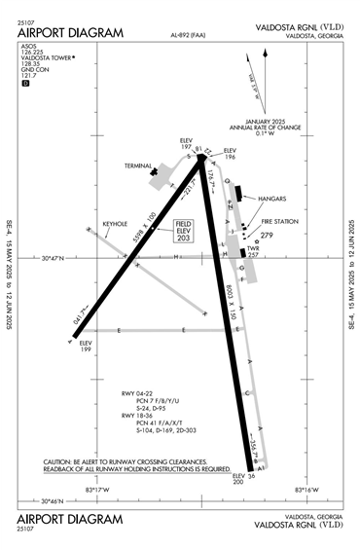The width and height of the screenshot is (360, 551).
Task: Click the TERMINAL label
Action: click(139, 165)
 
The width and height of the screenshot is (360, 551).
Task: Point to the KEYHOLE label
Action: click(116, 223)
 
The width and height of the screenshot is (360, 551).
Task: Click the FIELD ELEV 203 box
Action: click(184, 230)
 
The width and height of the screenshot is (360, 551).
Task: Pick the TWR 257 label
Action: click(255, 250)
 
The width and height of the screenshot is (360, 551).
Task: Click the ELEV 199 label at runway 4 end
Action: click(85, 347)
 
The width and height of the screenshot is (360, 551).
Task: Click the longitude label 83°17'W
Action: click(96, 490)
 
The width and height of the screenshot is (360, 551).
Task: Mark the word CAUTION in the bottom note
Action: click(60, 461)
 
